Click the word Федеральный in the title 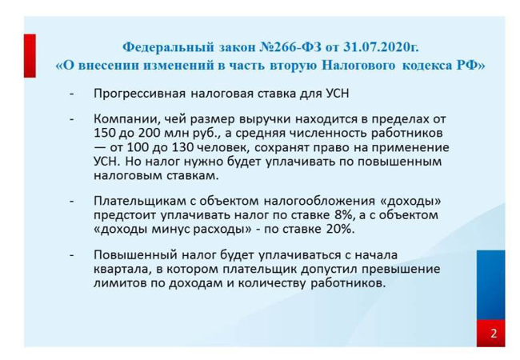(x=168, y=47)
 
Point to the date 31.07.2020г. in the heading (x=381, y=47)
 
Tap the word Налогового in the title (x=358, y=65)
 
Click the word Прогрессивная (x=140, y=94)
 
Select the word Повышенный (x=135, y=255)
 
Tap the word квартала (x=120, y=269)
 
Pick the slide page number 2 (x=494, y=333)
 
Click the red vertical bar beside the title (x=30, y=56)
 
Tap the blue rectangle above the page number (x=491, y=285)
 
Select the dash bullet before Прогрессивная (x=72, y=94)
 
